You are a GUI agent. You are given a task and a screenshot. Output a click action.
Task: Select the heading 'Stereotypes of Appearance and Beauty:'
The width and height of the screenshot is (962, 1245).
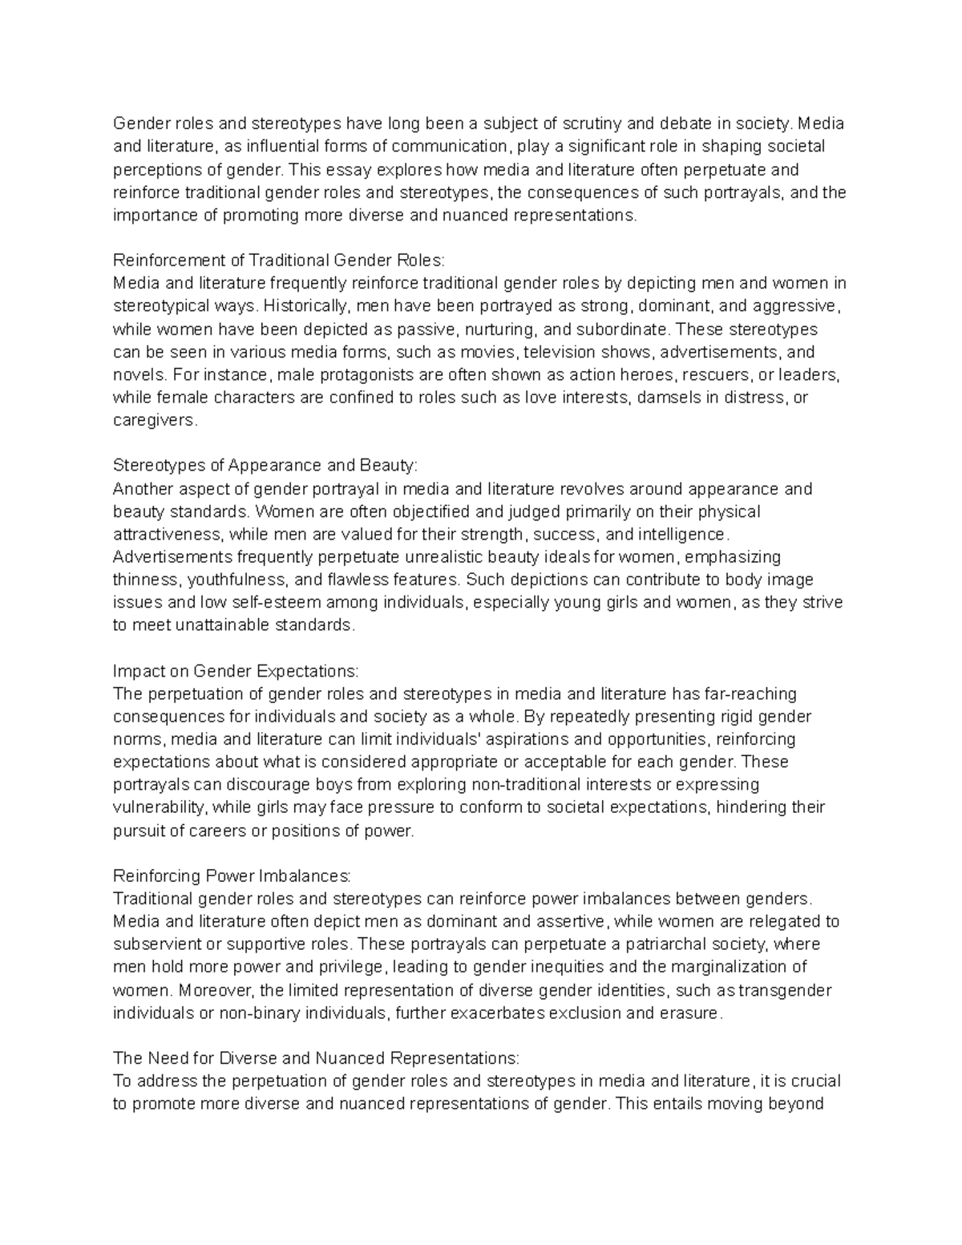pos(265,466)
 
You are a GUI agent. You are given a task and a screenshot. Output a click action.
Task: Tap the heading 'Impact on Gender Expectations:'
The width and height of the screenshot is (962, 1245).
pos(236,670)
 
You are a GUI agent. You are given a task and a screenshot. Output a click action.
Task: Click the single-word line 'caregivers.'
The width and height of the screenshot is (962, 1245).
pos(155,420)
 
